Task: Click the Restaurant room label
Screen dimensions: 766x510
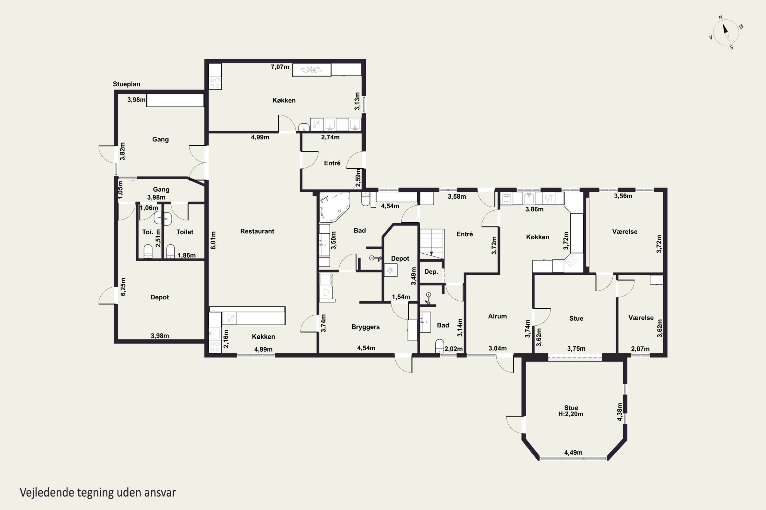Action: point(257,231)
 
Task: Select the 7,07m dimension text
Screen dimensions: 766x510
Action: point(280,67)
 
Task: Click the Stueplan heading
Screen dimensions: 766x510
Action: point(126,84)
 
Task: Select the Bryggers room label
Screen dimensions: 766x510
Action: point(365,327)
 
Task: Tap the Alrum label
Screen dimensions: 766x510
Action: point(497,316)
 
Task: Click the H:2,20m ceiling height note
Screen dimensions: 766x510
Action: point(571,414)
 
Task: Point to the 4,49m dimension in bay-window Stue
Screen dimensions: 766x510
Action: point(573,452)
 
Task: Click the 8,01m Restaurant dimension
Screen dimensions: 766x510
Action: point(213,240)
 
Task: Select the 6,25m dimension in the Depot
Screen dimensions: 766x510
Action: point(123,287)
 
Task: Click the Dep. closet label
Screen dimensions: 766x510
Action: point(431,272)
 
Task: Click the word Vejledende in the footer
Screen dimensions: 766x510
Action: point(46,493)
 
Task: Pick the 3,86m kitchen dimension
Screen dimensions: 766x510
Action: point(534,209)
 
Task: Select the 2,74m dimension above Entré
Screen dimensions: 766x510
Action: point(330,137)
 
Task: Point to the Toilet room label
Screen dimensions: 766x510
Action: point(185,232)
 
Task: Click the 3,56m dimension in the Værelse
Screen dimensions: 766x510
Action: point(623,196)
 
